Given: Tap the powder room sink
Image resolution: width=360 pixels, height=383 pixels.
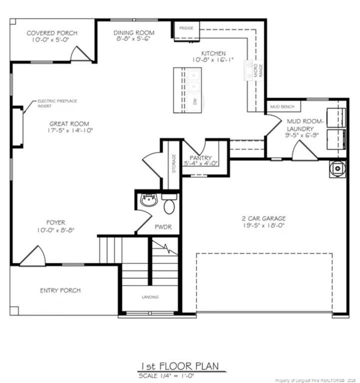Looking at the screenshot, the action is coord(149,200).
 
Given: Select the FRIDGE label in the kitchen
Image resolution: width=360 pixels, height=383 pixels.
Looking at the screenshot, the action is coord(186,28).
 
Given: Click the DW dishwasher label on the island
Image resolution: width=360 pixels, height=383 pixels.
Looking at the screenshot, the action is coord(195,102).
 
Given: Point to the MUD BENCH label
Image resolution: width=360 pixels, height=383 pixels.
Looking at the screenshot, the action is coord(282,107).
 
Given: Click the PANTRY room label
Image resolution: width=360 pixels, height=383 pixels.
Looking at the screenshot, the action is coord(201,158).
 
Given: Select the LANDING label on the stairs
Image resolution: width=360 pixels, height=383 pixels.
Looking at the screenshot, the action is coord(150,297).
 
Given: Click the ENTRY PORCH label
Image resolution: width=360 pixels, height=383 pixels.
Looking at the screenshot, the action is coord(60,290).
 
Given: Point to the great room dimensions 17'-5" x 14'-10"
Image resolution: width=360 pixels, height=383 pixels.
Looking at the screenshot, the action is coord(70,131).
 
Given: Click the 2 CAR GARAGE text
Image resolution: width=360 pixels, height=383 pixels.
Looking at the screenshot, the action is coord(264,218).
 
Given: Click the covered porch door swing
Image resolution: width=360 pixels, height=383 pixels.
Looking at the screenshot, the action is coord(80,54).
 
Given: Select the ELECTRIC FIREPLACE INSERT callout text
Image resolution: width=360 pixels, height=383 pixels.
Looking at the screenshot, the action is coord(57,103).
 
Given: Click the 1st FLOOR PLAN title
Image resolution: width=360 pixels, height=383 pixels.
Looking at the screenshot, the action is coord(180,367).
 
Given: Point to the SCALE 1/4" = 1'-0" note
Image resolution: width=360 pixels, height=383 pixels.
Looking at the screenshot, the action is coord(166,376).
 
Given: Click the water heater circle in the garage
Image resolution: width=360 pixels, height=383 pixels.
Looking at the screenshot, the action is coord(338,168).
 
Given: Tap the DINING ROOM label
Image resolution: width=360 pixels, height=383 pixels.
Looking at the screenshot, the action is coord(134,33).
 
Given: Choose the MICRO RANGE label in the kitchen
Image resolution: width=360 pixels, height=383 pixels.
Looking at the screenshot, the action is coord(258,71).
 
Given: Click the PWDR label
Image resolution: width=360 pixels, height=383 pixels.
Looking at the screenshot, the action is coord(163,227).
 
